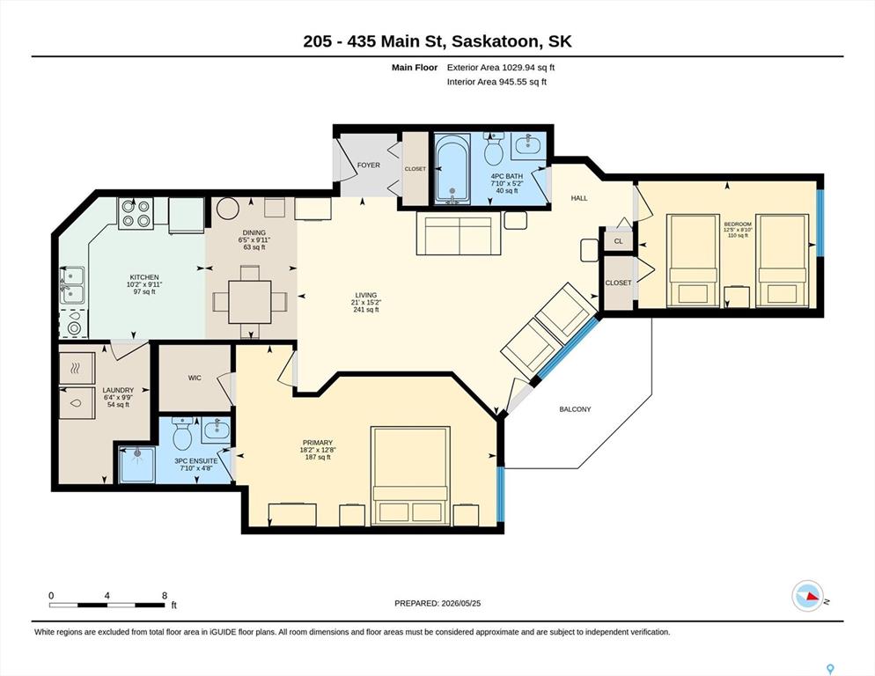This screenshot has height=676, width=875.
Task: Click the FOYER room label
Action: [368, 165]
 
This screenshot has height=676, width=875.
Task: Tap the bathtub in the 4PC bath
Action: [453, 169]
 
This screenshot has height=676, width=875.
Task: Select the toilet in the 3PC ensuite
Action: [183, 433]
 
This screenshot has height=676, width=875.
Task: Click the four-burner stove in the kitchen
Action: [136, 213]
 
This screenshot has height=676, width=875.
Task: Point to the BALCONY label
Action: [575, 409]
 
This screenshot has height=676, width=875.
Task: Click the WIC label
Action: [195, 378]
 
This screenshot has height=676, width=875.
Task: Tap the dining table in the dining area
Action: [250, 302]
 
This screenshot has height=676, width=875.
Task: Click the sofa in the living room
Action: [460, 235]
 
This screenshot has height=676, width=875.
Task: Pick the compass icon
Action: [807, 596]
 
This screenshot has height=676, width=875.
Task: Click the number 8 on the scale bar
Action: [165, 596]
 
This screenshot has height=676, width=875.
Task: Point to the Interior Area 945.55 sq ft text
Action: [496, 82]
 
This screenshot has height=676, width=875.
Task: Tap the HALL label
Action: [579, 198]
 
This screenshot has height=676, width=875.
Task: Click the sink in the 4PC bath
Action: [527, 144]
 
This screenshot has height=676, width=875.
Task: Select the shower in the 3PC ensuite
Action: [137, 464]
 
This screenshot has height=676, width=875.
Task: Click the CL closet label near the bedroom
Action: [618, 242]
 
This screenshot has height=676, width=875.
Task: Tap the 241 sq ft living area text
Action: [366, 310]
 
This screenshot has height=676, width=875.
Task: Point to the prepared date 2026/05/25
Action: [461, 604]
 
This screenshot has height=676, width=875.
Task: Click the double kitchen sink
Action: [73, 285]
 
